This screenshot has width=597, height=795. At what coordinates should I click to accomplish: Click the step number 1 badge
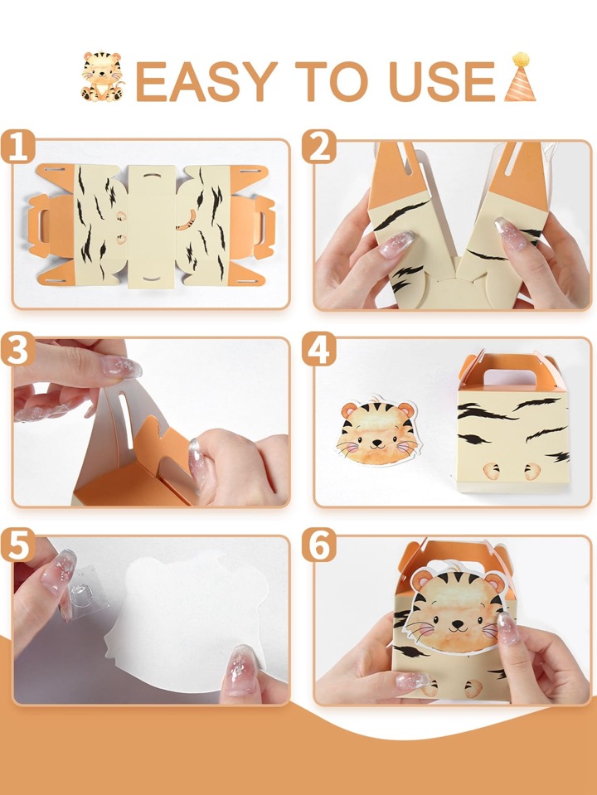point(18,147)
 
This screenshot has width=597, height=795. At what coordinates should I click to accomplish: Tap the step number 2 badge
point(319,147)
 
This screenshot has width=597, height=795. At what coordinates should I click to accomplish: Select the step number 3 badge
point(18,349)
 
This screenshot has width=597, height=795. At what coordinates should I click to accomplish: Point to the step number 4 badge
point(319,349)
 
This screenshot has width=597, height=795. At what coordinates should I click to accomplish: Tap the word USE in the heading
point(442,81)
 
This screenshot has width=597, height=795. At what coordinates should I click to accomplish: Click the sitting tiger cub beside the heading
point(102,76)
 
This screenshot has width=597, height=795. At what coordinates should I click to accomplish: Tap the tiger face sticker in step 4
point(378,433)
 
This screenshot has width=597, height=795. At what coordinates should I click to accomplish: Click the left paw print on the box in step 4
point(491,471)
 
